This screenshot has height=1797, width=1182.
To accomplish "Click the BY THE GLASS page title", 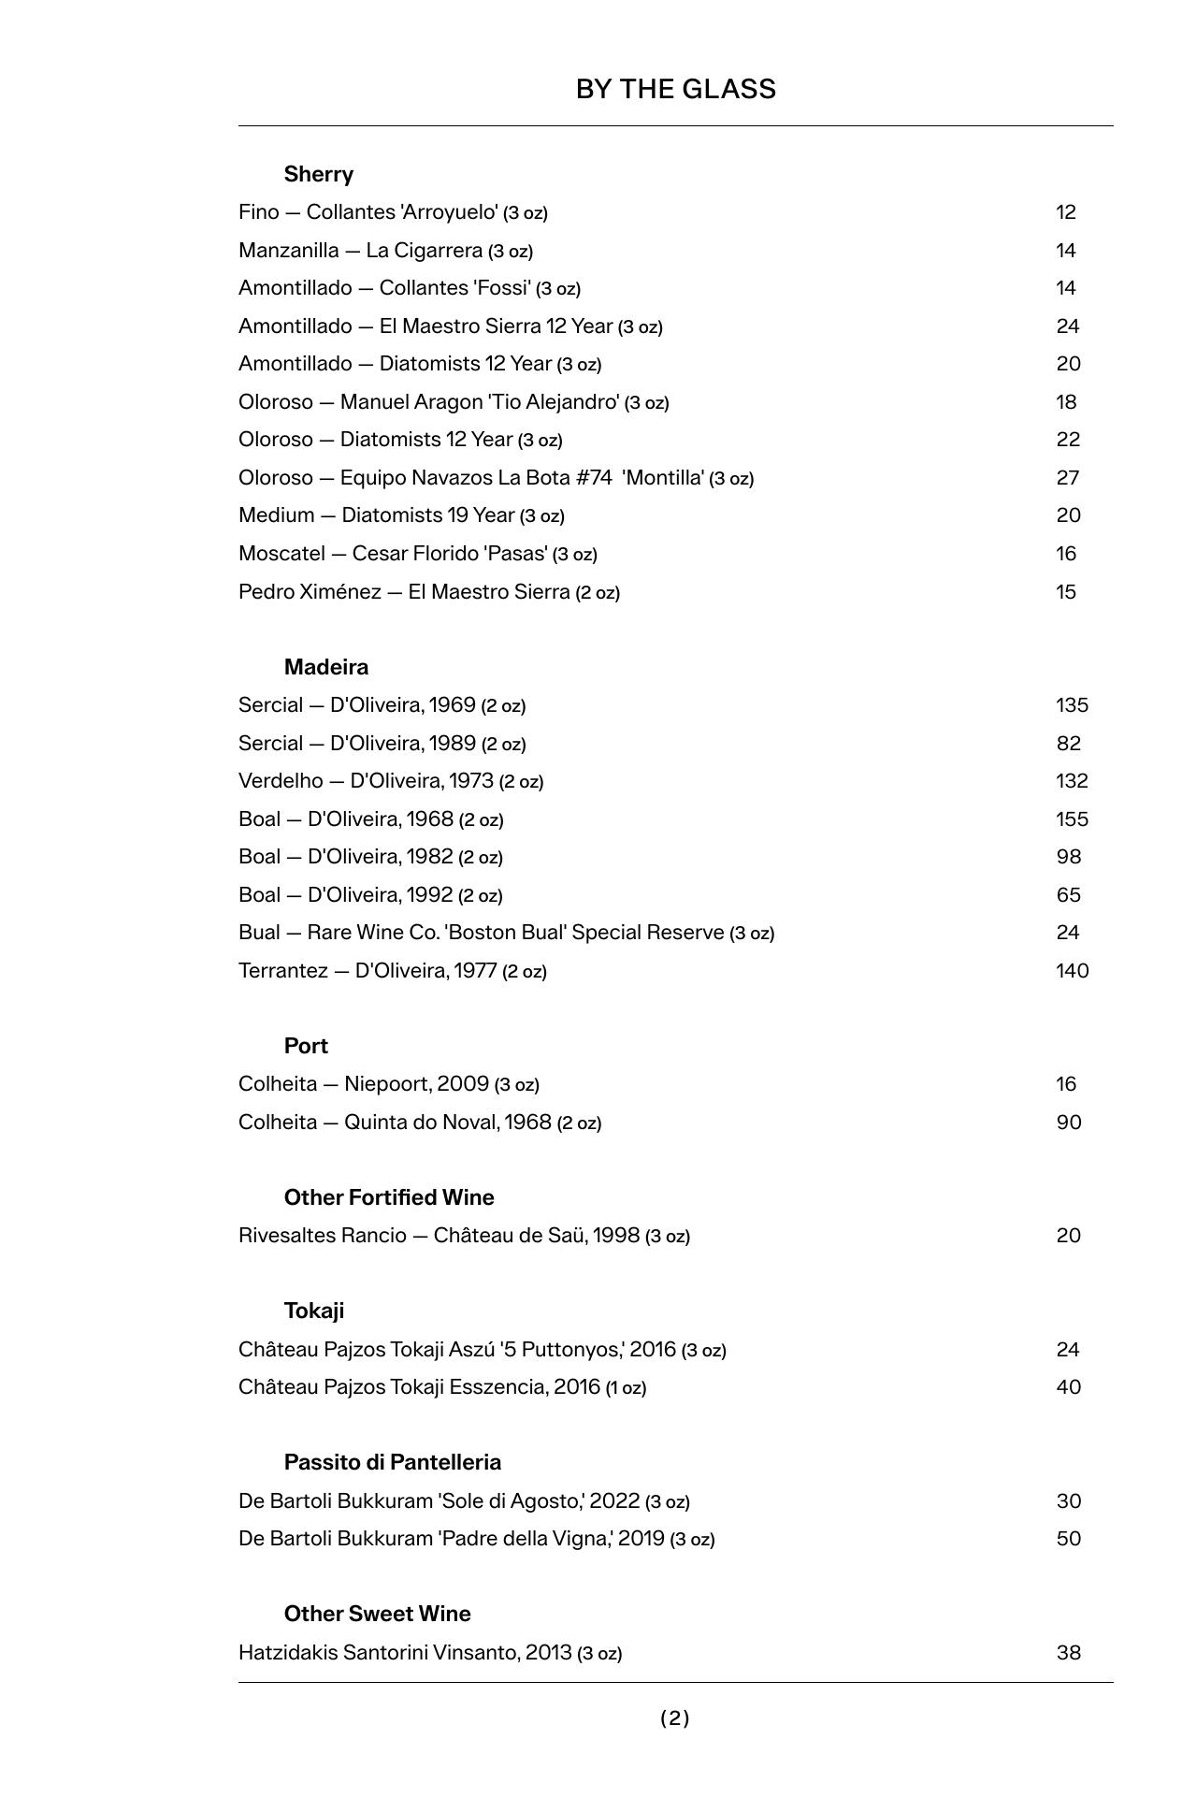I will [x=675, y=89].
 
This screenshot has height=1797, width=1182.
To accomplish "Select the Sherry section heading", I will [x=318, y=174].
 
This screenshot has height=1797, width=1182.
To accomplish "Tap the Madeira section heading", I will [x=325, y=667].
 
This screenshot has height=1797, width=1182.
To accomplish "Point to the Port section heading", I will [x=306, y=1046].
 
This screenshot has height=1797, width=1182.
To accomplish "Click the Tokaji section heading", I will [x=313, y=1311].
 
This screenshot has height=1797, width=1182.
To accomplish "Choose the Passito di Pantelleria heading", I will [x=392, y=1462].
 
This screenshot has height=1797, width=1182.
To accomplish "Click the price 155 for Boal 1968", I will [x=1072, y=819].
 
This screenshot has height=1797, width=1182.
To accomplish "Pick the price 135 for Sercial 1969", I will [x=1072, y=705].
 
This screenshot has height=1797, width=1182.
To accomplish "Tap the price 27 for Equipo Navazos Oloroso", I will [x=1067, y=478].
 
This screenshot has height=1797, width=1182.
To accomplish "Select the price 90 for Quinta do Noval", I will [x=1068, y=1122].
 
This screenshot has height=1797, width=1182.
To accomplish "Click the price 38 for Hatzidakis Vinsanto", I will [x=1068, y=1652].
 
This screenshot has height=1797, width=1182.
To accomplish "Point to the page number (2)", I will [x=674, y=1717].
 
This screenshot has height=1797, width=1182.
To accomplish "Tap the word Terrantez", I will [x=282, y=971].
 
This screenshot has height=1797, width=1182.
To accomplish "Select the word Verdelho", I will [x=280, y=781].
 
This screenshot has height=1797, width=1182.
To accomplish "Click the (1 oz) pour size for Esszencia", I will [x=626, y=1388].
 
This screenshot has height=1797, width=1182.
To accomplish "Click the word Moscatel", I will [x=281, y=554].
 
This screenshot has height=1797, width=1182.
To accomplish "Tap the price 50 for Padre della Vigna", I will [x=1068, y=1539].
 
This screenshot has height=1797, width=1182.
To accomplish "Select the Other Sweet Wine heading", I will [x=377, y=1614].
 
